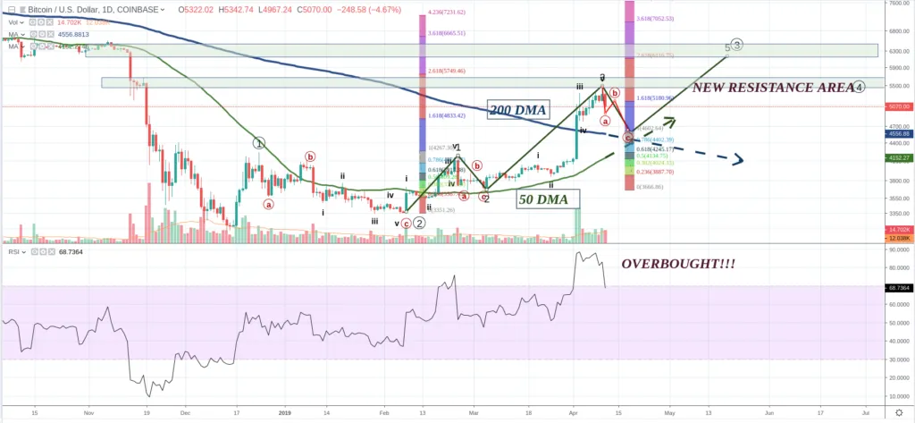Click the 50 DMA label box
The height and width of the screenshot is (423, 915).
coord(547,199)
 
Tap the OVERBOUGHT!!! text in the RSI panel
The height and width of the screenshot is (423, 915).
coord(680,265)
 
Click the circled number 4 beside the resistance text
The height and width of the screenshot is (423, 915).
coord(858,87)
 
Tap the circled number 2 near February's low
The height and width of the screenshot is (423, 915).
coord(418,223)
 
